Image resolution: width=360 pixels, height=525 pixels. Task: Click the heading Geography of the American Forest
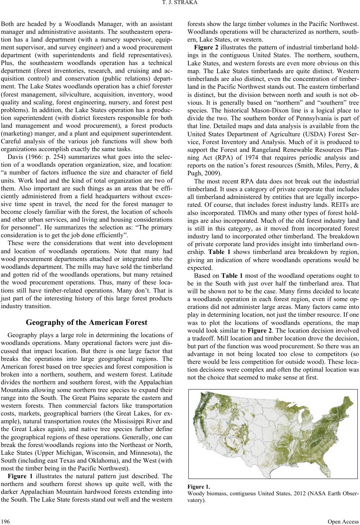pos(87,323)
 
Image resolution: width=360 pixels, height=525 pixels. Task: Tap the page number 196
pos(6,520)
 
